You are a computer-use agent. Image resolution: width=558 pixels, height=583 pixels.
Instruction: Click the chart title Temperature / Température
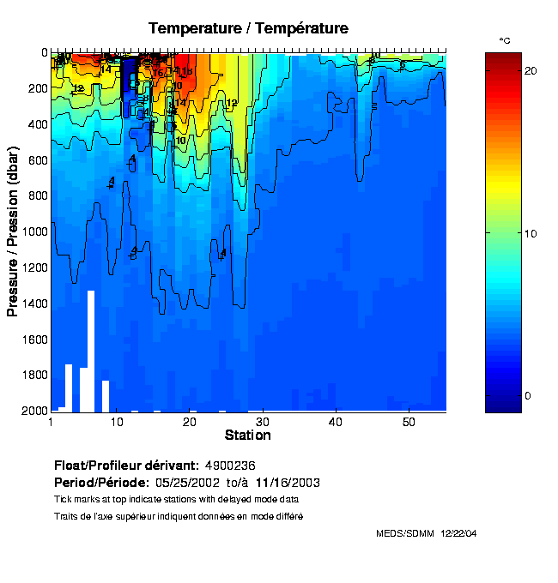[248, 28]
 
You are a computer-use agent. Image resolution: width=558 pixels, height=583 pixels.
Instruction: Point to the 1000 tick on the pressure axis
[33, 231]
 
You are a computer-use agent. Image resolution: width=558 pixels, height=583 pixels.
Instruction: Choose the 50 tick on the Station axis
[409, 422]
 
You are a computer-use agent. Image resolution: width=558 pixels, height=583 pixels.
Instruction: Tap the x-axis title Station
[247, 436]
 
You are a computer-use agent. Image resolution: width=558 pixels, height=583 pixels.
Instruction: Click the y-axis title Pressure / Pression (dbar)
[13, 231]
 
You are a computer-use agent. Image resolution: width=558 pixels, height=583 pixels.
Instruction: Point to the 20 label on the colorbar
[531, 70]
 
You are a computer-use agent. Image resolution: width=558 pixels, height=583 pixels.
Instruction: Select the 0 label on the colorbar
[527, 396]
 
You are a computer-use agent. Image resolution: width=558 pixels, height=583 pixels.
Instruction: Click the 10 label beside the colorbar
[531, 233]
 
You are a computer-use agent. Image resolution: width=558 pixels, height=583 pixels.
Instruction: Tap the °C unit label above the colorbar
[505, 40]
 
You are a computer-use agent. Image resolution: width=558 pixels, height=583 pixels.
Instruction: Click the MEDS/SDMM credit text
[405, 533]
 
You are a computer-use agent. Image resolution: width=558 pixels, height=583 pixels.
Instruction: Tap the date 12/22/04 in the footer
[458, 533]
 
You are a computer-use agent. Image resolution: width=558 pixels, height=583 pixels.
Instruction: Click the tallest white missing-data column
[90, 352]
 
